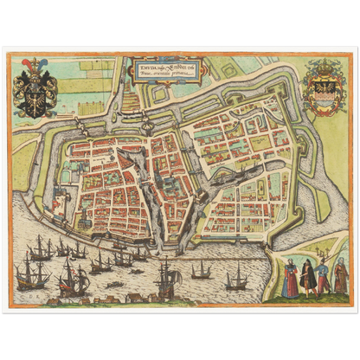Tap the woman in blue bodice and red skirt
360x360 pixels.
tap(289, 280)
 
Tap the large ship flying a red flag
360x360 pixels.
tap(71, 277)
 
